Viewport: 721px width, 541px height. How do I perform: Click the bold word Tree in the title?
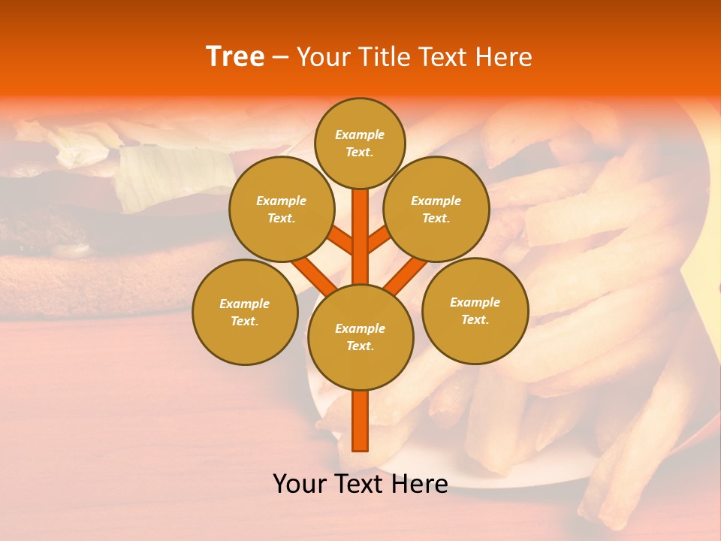pos(235,57)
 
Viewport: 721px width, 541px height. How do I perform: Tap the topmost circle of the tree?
pos(360,143)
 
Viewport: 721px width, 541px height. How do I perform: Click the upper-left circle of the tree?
pos(281,209)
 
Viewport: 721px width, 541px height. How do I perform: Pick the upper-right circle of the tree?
pos(436,209)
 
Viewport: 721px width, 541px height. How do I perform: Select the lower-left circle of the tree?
pos(245,312)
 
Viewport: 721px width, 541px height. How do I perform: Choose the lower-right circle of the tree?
pos(475,310)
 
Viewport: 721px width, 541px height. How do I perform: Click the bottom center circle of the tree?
pos(360,337)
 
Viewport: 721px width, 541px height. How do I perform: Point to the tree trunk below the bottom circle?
pos(360,421)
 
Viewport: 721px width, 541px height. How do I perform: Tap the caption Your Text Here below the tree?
pos(360,484)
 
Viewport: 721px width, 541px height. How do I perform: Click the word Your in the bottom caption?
pos(300,484)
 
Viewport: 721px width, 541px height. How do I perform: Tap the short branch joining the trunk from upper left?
pos(342,242)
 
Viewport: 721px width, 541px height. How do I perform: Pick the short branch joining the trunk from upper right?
pos(379,240)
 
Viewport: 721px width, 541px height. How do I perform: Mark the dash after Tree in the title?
pos(280,58)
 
